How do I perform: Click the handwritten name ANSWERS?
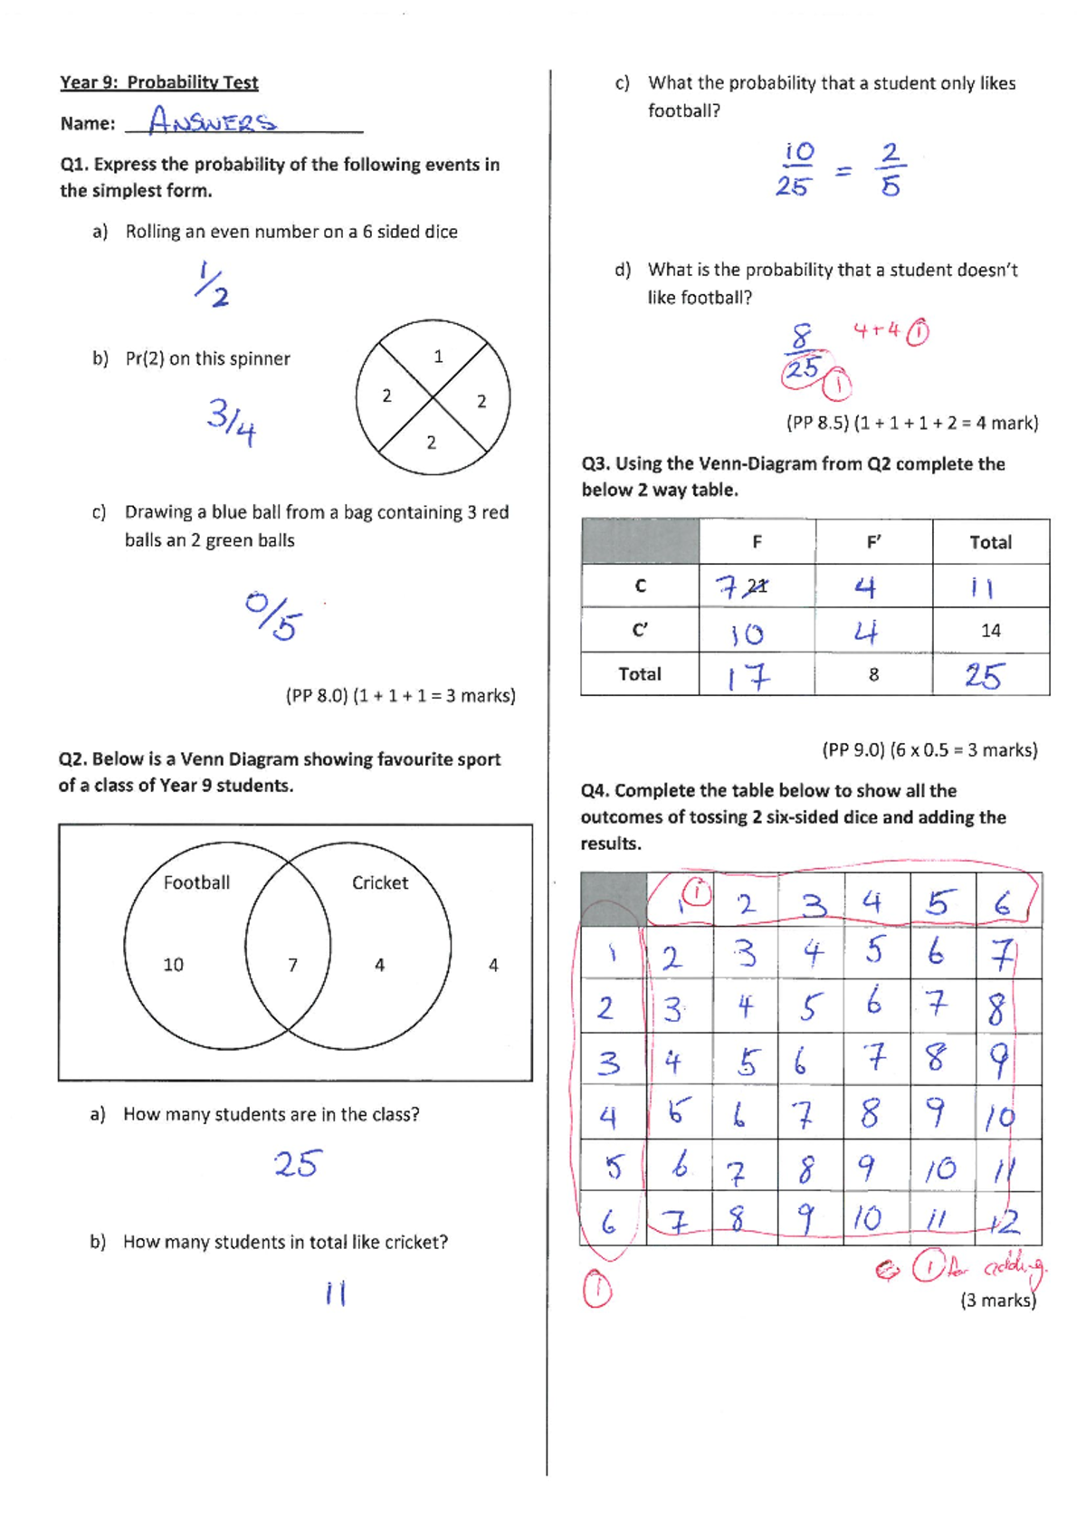[213, 120]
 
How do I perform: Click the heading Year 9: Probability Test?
[159, 82]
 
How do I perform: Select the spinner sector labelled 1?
[438, 357]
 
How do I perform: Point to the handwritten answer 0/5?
[273, 615]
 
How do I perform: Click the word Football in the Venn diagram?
[196, 882]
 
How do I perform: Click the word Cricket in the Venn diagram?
[379, 882]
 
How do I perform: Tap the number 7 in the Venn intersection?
[292, 966]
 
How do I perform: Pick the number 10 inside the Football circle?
[173, 965]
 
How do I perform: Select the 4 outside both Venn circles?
[493, 966]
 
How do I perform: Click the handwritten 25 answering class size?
[297, 1164]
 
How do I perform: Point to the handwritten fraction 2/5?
[891, 169]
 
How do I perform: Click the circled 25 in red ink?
[802, 370]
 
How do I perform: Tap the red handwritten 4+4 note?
[875, 330]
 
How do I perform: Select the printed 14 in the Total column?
[990, 631]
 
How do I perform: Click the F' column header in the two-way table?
[873, 542]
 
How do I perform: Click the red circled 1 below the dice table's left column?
[596, 1290]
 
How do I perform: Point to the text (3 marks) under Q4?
[997, 1301]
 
